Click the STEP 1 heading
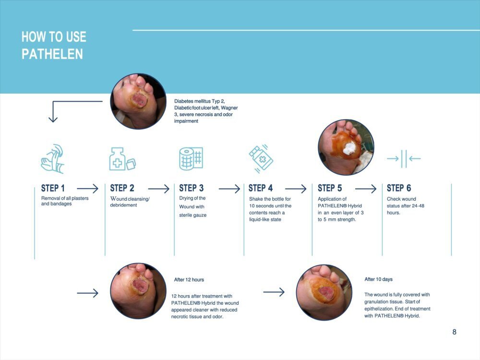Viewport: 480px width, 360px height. tap(53, 188)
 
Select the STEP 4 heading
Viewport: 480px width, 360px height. tap(261, 188)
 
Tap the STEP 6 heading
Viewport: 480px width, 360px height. tap(399, 188)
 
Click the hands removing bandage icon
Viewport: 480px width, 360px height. tap(53, 159)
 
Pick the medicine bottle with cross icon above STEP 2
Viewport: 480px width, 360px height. tap(122, 159)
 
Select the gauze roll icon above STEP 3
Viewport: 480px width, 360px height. tap(191, 158)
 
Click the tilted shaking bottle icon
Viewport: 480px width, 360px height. tap(261, 158)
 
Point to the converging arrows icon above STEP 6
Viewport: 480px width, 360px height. tap(404, 158)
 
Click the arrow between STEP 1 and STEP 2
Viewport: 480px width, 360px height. tap(87, 189)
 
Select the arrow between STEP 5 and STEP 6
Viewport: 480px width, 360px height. tap(365, 189)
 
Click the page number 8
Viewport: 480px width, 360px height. tap(454, 332)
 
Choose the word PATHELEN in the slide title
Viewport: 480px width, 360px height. tap(52, 54)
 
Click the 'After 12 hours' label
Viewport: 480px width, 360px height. tap(189, 279)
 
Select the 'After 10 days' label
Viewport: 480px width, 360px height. tap(378, 279)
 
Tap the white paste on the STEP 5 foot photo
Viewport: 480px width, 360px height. tap(349, 148)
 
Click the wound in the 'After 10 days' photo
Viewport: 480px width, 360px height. tap(324, 292)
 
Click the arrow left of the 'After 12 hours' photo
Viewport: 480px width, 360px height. tap(87, 293)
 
